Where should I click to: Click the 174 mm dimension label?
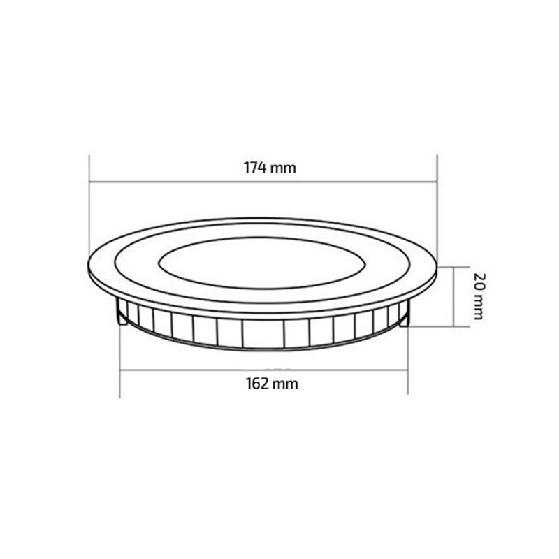[x=270, y=168]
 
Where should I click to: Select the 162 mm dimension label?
[x=272, y=384]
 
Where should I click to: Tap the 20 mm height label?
[x=479, y=296]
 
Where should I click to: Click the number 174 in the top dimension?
[x=254, y=168]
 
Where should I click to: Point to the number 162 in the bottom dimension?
[x=256, y=384]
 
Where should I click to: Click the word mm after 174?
[x=283, y=168]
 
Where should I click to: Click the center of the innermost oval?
[x=262, y=263]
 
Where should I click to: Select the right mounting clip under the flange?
[x=403, y=316]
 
